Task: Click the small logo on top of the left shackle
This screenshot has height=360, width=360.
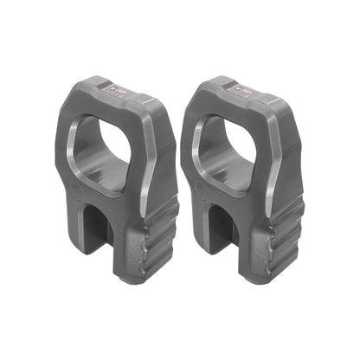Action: [x=119, y=88]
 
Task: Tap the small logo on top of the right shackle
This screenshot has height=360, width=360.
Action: [x=239, y=88]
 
